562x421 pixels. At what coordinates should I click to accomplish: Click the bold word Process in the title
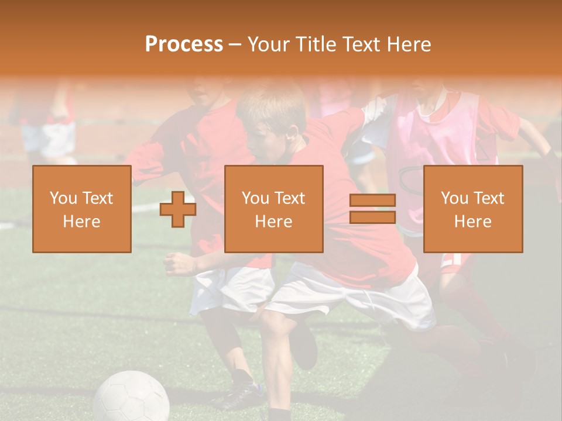184,44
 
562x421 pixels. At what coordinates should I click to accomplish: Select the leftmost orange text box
82,209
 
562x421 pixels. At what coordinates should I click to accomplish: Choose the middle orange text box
273,209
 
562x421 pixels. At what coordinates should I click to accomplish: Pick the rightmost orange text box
473,209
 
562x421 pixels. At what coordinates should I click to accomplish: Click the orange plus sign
178,209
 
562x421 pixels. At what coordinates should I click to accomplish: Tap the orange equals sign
372,209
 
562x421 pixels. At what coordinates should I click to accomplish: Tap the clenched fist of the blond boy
176,264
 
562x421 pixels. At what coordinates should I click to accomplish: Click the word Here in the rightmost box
473,221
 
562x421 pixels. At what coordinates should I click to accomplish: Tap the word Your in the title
268,44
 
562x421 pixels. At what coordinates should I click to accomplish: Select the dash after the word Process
235,44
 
